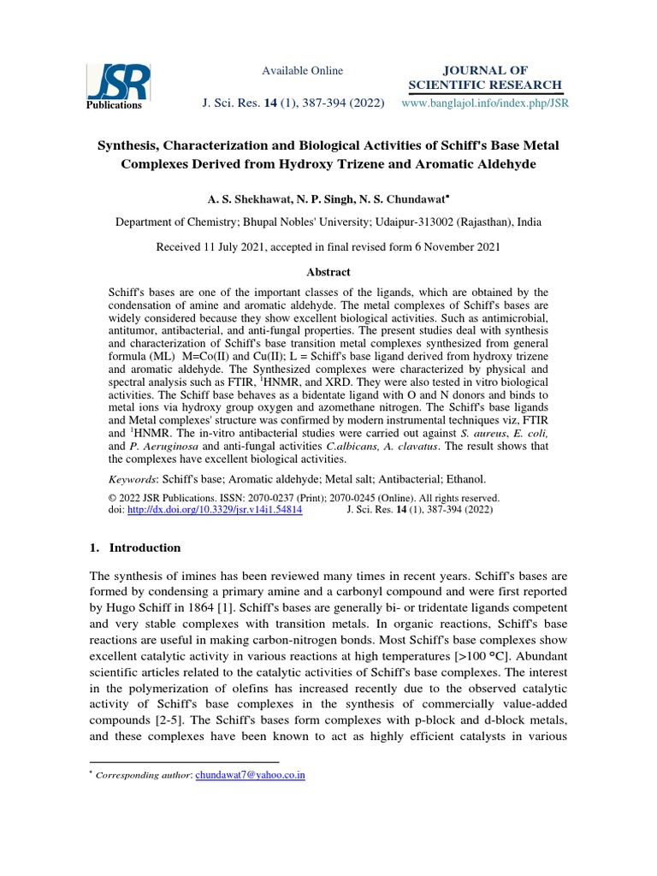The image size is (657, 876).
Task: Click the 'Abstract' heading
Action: click(328, 272)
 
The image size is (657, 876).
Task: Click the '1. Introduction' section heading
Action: click(136, 547)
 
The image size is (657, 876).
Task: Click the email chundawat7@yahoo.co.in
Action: click(251, 775)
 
